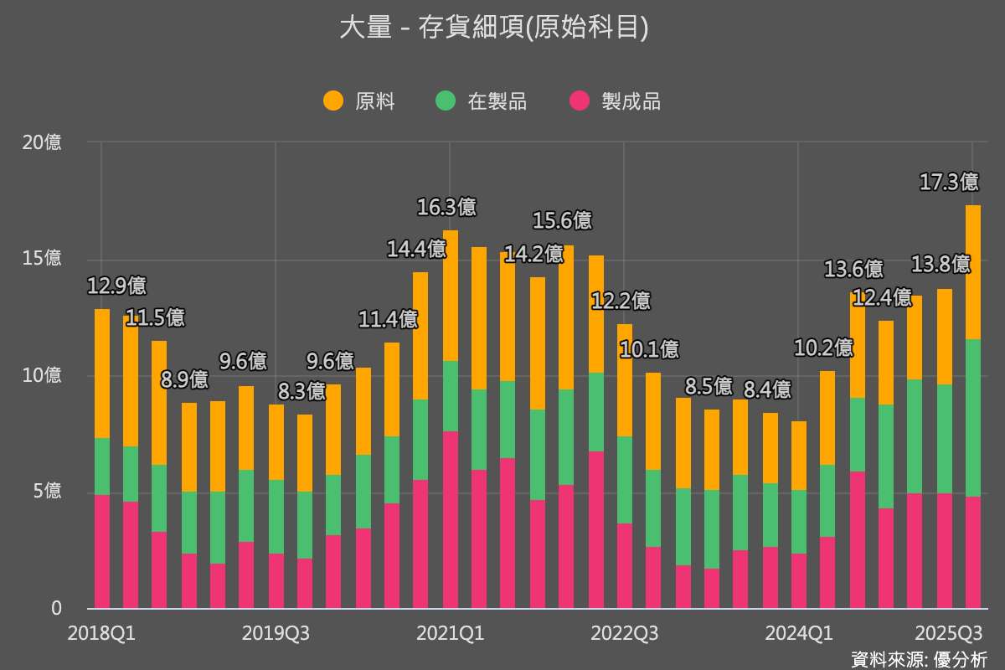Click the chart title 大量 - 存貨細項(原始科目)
click(x=494, y=28)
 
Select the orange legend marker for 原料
click(x=333, y=101)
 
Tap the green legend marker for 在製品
click(x=446, y=101)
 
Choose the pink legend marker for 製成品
click(x=580, y=101)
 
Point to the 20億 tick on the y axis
click(x=42, y=142)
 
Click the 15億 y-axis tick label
click(x=42, y=259)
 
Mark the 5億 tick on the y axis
click(x=42, y=492)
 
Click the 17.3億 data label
click(x=949, y=182)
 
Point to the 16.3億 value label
click(x=446, y=207)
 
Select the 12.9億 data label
click(x=117, y=286)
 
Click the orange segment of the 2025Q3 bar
click(x=972, y=272)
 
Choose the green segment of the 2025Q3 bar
click(x=972, y=418)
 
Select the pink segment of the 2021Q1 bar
click(x=450, y=520)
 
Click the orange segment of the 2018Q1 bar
click(x=102, y=374)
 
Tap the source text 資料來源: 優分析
click(x=919, y=659)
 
